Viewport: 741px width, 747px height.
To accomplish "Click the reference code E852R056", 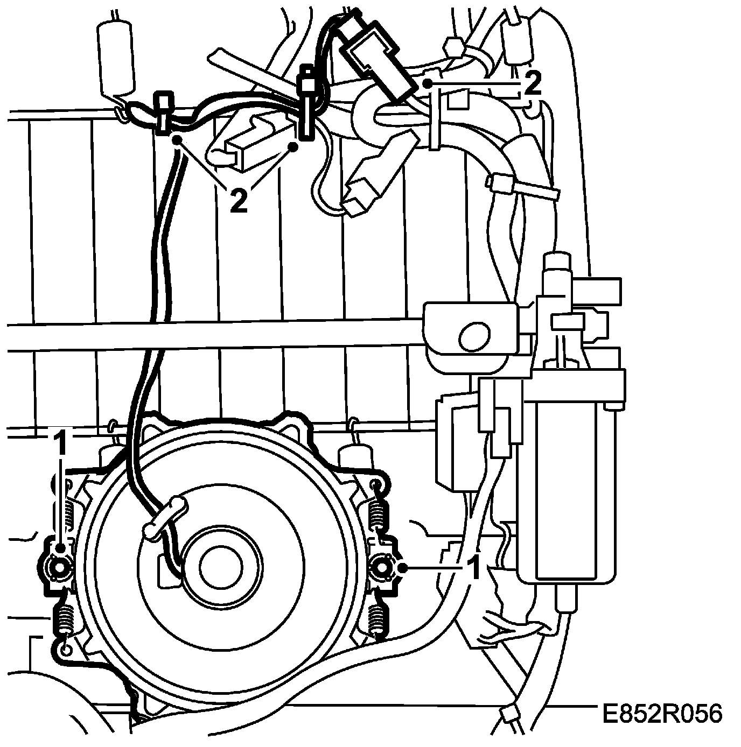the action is coord(661,714).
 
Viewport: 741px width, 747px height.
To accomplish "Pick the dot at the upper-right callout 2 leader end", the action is coord(428,83).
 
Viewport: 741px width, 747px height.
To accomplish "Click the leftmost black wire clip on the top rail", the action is coord(163,113).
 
